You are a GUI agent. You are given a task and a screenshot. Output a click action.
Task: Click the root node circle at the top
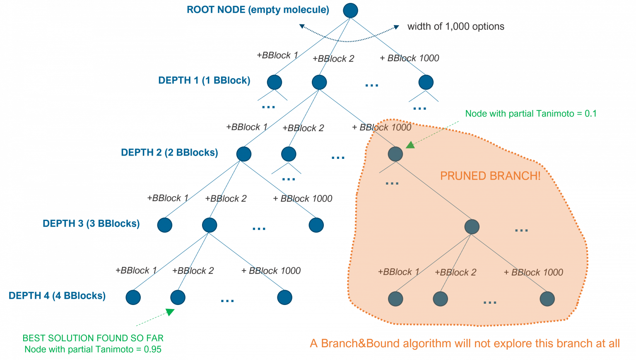(x=350, y=11)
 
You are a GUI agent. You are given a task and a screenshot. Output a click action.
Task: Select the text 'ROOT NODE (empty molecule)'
(x=258, y=10)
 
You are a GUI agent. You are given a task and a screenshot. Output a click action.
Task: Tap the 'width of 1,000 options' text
(x=455, y=26)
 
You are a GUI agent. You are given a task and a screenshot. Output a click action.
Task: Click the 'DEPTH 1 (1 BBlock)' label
(x=204, y=80)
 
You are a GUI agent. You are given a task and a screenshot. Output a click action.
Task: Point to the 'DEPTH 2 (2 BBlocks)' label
(x=169, y=152)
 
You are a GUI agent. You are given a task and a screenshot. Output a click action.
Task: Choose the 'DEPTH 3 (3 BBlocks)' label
(x=91, y=223)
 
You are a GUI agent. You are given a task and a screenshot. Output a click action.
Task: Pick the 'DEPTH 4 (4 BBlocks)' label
(x=57, y=295)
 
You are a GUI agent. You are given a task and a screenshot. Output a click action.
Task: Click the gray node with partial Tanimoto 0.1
(x=395, y=154)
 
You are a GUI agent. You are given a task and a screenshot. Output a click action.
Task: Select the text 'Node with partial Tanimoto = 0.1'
(x=531, y=113)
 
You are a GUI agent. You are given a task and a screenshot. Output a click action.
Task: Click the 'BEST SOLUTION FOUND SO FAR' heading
(x=93, y=338)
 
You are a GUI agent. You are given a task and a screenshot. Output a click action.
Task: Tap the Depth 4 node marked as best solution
(x=178, y=297)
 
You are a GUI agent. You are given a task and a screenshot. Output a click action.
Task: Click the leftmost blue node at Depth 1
(x=275, y=82)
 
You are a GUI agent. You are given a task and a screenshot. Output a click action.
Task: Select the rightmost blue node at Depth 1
(x=426, y=82)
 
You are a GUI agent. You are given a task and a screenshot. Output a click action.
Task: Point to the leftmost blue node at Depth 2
(x=244, y=154)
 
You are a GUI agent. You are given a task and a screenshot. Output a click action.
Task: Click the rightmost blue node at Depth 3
(x=316, y=225)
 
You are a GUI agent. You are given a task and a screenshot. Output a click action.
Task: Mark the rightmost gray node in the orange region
(x=547, y=299)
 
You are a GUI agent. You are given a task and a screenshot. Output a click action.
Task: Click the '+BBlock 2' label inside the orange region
(x=455, y=272)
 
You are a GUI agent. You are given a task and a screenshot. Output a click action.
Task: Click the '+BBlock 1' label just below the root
(x=277, y=55)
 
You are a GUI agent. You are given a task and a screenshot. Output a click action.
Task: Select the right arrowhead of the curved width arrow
(x=396, y=27)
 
